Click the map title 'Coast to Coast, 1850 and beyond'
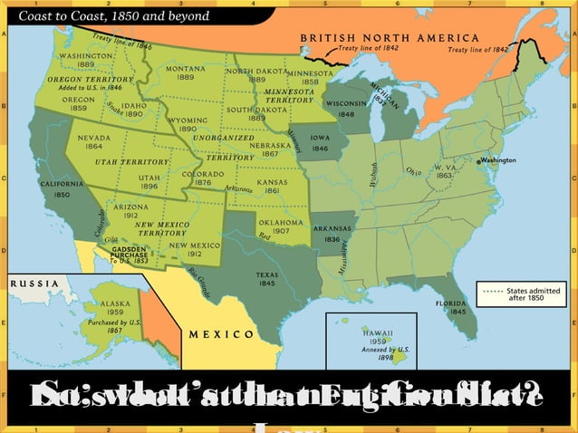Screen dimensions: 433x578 click(115, 15)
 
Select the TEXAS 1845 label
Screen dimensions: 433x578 click(267, 278)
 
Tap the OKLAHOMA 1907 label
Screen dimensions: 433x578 click(281, 226)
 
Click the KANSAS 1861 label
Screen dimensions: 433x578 click(271, 186)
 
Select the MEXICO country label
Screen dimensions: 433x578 click(222, 334)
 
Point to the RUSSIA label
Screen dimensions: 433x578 click(32, 282)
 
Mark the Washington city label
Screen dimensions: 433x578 click(496, 160)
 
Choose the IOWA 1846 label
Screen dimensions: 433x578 click(320, 143)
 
